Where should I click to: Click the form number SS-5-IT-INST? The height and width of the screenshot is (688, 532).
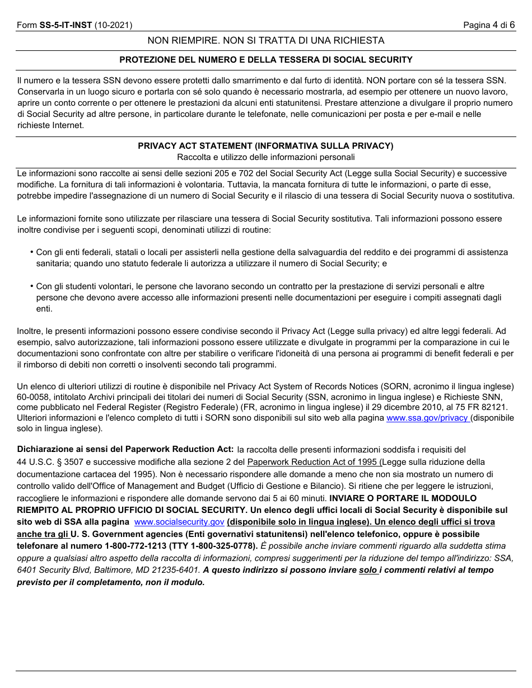66,25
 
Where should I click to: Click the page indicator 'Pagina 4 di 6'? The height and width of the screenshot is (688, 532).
488,25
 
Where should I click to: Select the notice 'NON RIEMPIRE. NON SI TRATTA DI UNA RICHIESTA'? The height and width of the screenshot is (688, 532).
266,40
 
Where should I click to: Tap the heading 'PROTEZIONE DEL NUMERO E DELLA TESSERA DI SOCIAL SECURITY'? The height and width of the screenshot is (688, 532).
266,60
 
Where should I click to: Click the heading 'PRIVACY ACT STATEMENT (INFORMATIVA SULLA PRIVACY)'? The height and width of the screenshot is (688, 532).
266,146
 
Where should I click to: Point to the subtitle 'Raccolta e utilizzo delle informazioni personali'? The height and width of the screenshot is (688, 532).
266,157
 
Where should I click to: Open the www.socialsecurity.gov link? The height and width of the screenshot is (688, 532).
179,522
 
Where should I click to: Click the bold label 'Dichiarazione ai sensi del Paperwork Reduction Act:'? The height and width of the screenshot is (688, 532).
125,449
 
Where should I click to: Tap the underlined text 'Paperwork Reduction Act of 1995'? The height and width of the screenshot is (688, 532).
312,462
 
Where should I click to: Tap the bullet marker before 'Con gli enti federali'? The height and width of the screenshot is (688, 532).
31,252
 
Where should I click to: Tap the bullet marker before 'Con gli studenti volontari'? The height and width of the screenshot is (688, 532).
31,286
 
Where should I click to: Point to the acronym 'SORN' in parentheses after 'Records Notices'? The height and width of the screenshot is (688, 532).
395,387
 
